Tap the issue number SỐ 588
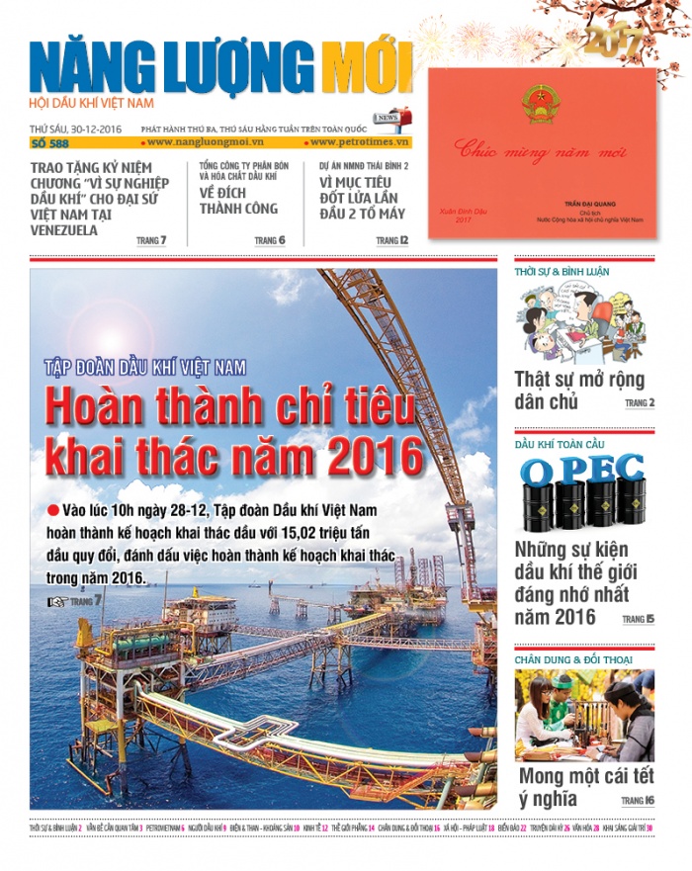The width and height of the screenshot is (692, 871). click(x=50, y=144)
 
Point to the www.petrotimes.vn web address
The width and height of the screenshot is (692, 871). click(x=363, y=144)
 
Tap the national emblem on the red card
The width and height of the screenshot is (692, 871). click(x=540, y=103)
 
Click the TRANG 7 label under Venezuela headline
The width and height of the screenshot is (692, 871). click(x=150, y=240)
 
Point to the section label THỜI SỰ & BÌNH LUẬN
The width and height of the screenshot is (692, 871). click(x=562, y=271)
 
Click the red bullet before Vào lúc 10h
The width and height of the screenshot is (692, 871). click(x=52, y=510)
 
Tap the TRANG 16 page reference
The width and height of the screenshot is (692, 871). click(x=638, y=800)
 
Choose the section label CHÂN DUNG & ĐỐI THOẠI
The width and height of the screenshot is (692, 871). click(x=573, y=659)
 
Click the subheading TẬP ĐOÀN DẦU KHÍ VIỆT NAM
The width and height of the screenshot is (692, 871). click(x=144, y=368)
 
